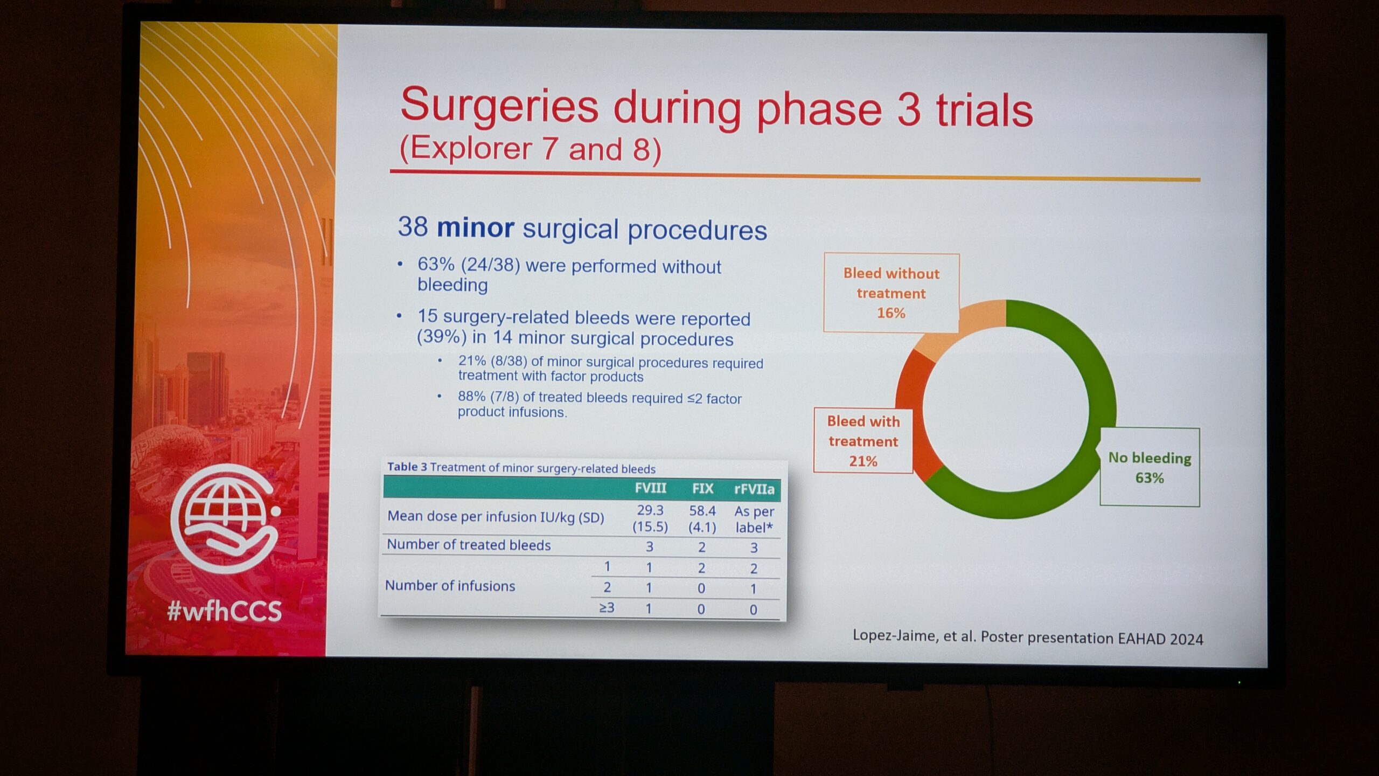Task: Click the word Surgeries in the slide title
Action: [x=499, y=106]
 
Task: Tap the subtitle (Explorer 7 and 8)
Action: [x=531, y=148]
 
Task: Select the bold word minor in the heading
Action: [x=475, y=227]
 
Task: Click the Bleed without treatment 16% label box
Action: [x=892, y=293]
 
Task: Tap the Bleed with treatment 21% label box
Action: [x=863, y=441]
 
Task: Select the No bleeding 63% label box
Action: [x=1150, y=467]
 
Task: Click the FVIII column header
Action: [x=650, y=488]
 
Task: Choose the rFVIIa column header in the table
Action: [x=754, y=489]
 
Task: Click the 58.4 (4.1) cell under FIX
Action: [x=702, y=519]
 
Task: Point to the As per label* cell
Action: [x=754, y=519]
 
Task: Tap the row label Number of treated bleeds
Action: [x=469, y=545]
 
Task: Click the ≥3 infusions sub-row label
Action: [x=607, y=608]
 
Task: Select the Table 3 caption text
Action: [x=521, y=467]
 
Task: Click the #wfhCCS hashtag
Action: [x=224, y=611]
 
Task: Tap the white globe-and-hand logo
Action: [x=225, y=518]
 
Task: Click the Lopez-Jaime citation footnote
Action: [x=1028, y=637]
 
